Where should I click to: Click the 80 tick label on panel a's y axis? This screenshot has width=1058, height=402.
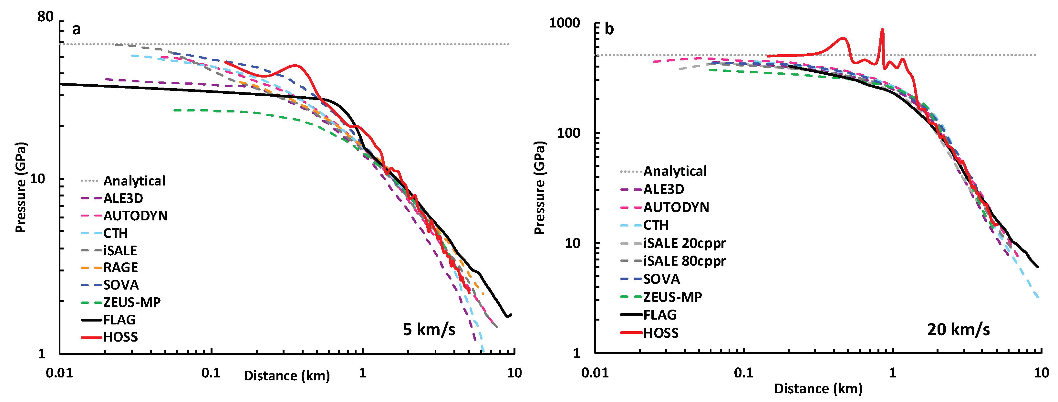45,17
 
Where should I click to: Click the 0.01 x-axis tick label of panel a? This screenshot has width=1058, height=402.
59,373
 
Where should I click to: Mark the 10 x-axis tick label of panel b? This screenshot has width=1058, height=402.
1041,373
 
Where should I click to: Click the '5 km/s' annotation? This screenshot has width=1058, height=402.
429,329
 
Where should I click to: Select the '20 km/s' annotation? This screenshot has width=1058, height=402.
958,329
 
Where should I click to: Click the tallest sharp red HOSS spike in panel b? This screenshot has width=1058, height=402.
882,30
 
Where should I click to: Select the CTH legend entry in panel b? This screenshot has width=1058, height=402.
656,225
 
